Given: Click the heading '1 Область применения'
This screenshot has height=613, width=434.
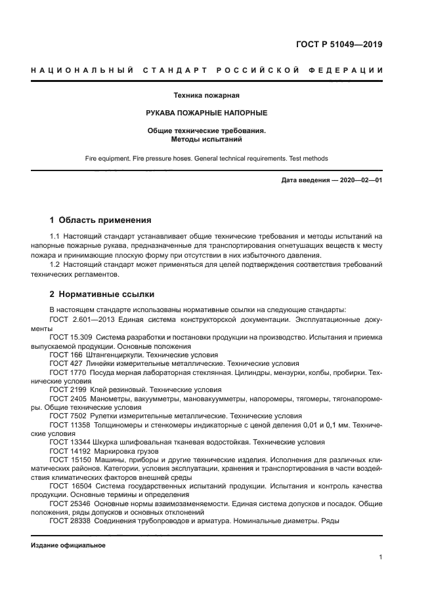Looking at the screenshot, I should (x=100, y=220).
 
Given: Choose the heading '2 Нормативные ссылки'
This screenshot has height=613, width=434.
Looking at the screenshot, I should (x=102, y=294).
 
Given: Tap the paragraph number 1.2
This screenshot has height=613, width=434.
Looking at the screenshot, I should (x=56, y=265).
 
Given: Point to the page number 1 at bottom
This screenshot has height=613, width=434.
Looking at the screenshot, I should (x=381, y=558).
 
